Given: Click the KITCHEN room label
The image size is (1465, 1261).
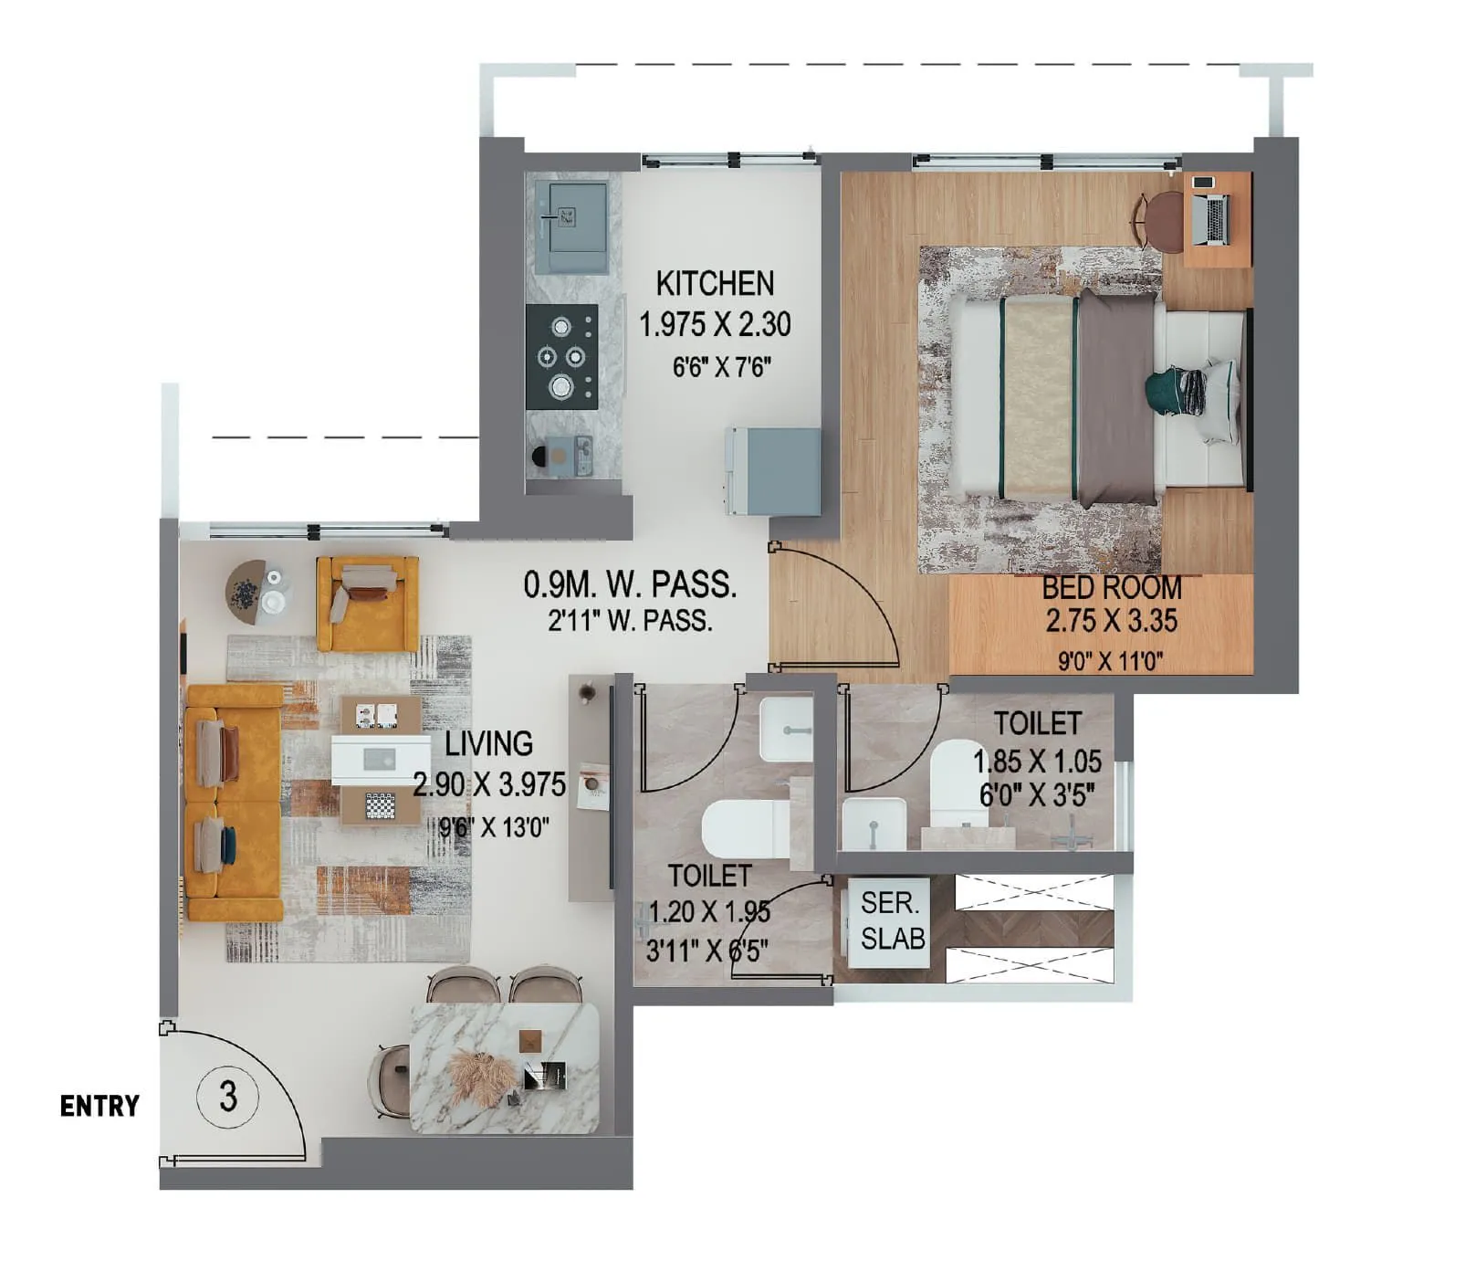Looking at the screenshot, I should (715, 284).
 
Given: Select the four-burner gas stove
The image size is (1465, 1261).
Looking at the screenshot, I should (561, 356).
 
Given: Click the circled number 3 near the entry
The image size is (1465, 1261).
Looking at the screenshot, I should (228, 1095).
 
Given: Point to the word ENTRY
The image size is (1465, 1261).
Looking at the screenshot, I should (99, 1106).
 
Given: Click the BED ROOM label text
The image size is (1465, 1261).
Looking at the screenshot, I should (1111, 587).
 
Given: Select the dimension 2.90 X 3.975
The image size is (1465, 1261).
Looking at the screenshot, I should (489, 784).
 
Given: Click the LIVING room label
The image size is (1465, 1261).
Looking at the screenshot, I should (488, 743).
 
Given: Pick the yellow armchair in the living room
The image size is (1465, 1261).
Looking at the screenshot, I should (367, 603).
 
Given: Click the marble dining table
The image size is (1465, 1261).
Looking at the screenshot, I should (505, 1067).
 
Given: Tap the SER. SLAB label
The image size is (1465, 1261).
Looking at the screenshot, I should (892, 920).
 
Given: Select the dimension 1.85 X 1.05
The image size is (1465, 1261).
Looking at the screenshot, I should (1037, 761).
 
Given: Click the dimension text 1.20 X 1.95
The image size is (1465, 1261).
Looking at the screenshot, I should (709, 912).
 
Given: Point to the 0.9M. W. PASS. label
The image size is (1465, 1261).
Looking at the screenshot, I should (630, 584).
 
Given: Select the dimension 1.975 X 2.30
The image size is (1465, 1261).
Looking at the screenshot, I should (715, 324).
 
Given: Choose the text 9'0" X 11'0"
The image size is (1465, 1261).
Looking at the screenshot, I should (1110, 661).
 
